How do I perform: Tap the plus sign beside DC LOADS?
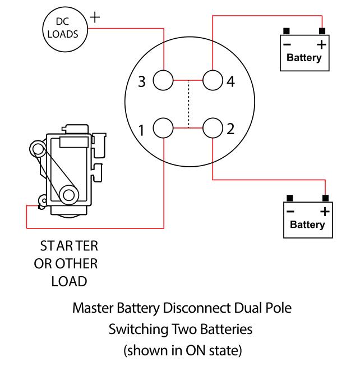pyautogui.click(x=96, y=16)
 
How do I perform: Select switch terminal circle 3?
pyautogui.click(x=163, y=81)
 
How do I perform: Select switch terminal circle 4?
pyautogui.click(x=213, y=81)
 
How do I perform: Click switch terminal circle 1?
pyautogui.click(x=163, y=129)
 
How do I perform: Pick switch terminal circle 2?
pyautogui.click(x=213, y=129)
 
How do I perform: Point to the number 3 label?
pyautogui.click(x=142, y=82)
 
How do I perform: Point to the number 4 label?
pyautogui.click(x=230, y=82)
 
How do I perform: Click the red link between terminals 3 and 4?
pyautogui.click(x=188, y=81)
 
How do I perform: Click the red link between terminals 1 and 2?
pyautogui.click(x=188, y=129)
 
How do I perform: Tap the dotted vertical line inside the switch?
pyautogui.click(x=189, y=104)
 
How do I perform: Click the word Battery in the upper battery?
pyautogui.click(x=304, y=57)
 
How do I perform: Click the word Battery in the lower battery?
pyautogui.click(x=307, y=225)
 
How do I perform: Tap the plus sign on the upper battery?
pyautogui.click(x=321, y=44)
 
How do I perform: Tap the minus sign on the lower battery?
pyautogui.click(x=290, y=212)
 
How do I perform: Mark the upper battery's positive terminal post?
pyautogui.click(x=322, y=31)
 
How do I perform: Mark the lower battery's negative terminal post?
pyautogui.click(x=290, y=198)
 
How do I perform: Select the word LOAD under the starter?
pyautogui.click(x=68, y=281)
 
